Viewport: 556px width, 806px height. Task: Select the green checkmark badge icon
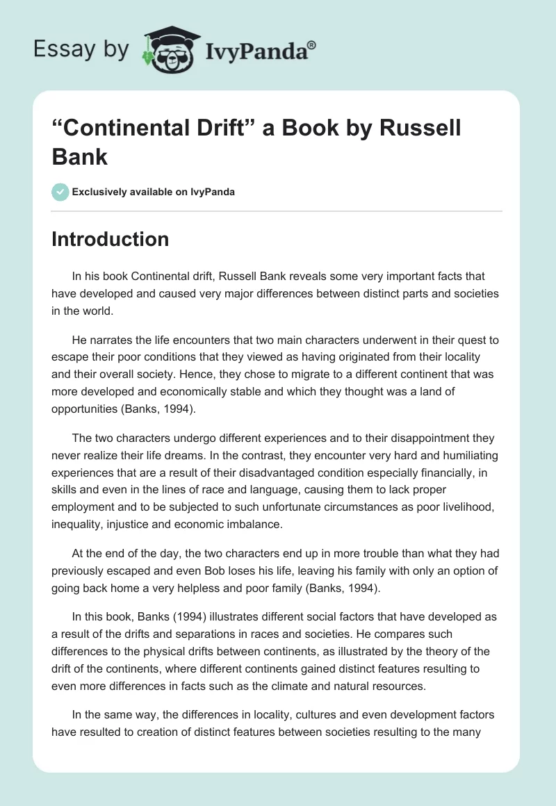coord(60,192)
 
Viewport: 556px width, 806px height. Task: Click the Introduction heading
coord(111,239)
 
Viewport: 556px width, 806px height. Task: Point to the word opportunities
coord(86,409)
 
